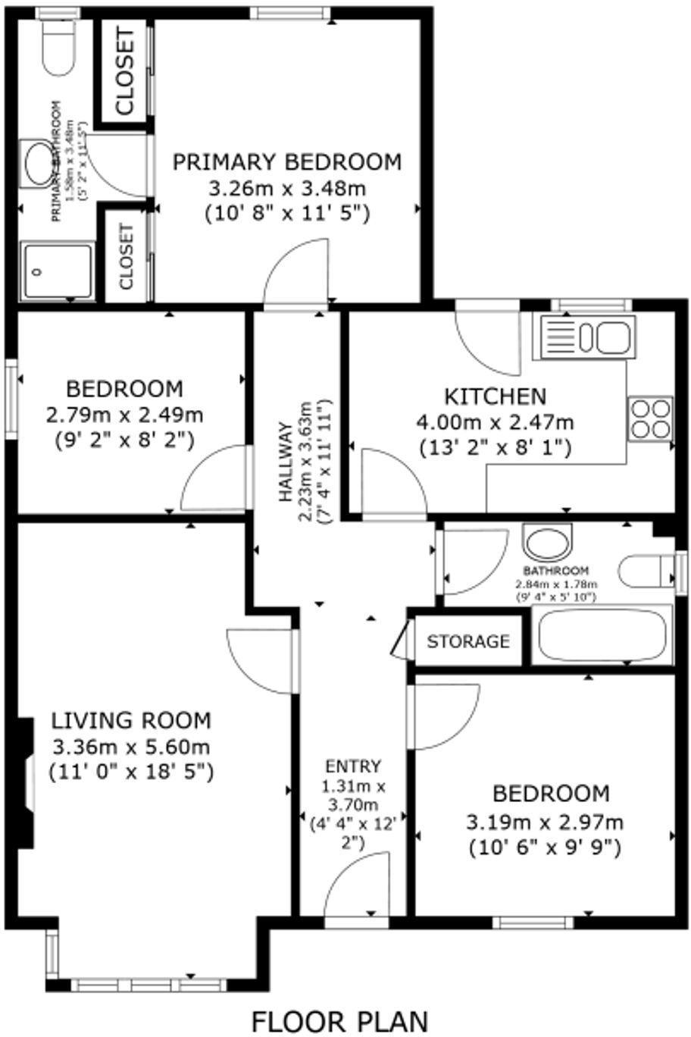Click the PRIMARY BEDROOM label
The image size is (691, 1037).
click(x=287, y=162)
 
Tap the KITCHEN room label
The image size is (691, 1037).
click(x=494, y=396)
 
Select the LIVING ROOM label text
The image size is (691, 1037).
click(x=131, y=720)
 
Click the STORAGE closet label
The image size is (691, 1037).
click(x=467, y=641)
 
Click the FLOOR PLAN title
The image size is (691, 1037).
click(x=339, y=1020)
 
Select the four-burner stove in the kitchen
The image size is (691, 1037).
click(x=650, y=418)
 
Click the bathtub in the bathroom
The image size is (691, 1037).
click(x=601, y=635)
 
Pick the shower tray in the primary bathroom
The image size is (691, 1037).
click(x=57, y=271)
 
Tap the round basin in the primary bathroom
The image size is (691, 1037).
click(x=38, y=161)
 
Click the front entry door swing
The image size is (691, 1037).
click(x=358, y=883)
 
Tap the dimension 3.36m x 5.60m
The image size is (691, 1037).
click(x=131, y=747)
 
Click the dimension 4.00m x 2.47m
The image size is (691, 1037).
click(x=494, y=422)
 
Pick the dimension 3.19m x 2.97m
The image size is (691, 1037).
click(x=545, y=821)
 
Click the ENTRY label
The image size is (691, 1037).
click(x=352, y=766)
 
